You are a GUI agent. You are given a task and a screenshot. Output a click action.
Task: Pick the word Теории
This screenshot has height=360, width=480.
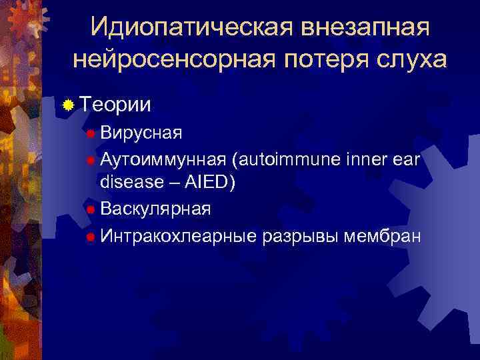[115, 105]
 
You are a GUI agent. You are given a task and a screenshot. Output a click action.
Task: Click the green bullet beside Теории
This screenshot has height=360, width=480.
[68, 105]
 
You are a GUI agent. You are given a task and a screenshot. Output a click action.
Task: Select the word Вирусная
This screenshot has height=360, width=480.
[141, 133]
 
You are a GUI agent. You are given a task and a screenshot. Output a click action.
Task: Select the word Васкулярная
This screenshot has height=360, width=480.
[155, 209]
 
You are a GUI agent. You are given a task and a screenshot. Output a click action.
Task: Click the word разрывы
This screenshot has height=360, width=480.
[301, 236]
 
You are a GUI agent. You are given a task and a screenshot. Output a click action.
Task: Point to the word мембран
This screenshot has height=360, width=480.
[383, 235]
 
